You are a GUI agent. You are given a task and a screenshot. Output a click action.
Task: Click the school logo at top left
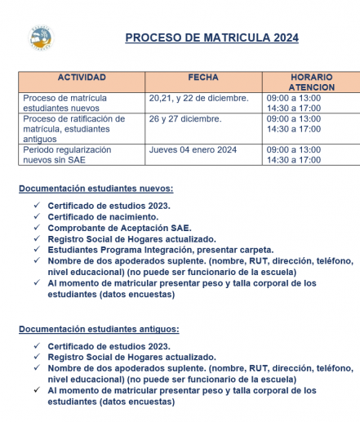click(40, 36)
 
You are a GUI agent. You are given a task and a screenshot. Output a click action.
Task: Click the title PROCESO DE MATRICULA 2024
click(211, 38)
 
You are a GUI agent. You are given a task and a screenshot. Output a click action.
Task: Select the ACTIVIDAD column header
click(82, 78)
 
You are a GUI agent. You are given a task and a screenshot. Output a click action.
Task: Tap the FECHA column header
click(203, 78)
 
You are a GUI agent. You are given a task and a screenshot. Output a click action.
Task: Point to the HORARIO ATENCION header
click(311, 82)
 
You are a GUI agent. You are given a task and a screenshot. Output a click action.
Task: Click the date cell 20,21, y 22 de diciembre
click(198, 98)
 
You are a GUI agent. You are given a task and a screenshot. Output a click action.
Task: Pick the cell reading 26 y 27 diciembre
click(185, 119)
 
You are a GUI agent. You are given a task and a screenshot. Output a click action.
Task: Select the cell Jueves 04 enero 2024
click(193, 150)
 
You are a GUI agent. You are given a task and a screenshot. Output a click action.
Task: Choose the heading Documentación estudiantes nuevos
click(96, 189)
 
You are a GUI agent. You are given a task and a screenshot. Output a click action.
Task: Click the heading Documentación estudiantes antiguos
click(99, 329)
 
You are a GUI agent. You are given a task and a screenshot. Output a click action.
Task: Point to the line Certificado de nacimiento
click(103, 216)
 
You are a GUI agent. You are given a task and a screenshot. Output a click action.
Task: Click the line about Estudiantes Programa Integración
click(160, 250)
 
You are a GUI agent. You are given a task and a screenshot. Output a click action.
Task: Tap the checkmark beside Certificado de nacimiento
click(37, 216)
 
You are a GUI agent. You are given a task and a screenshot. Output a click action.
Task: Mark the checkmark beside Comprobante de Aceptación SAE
click(37, 228)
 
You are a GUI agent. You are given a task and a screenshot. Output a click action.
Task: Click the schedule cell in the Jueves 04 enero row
click(294, 155)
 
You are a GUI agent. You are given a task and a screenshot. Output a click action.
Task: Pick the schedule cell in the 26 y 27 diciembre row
click(294, 124)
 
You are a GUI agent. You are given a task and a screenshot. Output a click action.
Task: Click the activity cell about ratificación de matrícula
click(74, 129)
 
